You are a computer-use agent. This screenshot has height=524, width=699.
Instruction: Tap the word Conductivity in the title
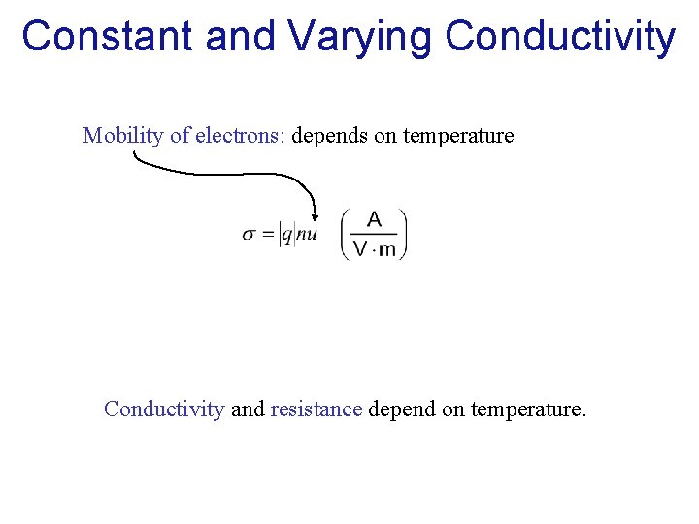coord(560,37)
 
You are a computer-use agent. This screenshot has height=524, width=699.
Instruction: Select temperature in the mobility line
coord(458,136)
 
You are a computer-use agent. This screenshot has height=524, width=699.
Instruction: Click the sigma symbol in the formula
coord(250,234)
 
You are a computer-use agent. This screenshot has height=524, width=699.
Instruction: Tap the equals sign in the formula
coord(267,234)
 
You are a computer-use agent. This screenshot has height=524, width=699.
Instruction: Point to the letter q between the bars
coord(286,235)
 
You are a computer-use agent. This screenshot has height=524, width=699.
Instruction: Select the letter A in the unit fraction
coord(375,219)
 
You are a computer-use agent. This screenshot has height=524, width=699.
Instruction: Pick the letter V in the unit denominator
coord(360,249)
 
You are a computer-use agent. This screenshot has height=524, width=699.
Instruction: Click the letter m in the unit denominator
coord(387,249)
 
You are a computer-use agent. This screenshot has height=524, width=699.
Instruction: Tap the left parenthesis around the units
coord(345,234)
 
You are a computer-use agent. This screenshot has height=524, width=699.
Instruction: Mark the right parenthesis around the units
coord(403,234)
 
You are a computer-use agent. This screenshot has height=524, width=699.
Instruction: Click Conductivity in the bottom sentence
coord(164,409)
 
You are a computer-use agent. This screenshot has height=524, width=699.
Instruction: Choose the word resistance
coord(316,409)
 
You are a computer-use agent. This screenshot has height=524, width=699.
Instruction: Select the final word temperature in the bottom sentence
coord(528,409)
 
